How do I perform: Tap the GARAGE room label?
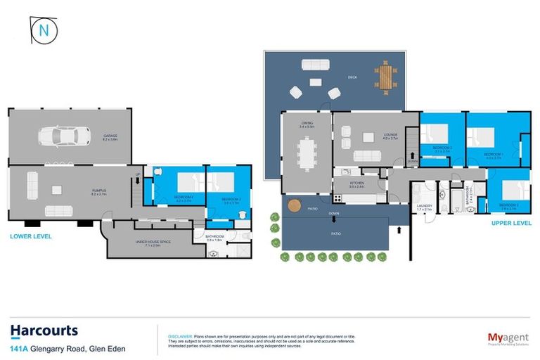click(x=110, y=136)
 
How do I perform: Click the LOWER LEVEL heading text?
click(x=30, y=237)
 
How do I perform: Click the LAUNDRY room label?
click(x=424, y=207)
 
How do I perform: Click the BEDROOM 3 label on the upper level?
click(x=510, y=205)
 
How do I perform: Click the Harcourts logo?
click(x=44, y=330)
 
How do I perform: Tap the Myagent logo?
click(x=508, y=338)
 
